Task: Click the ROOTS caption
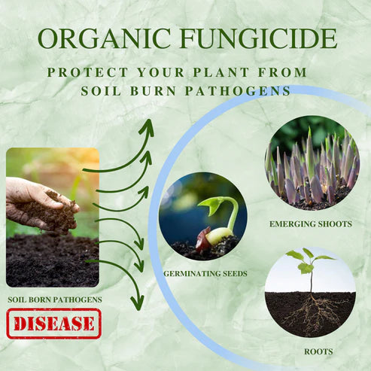310,351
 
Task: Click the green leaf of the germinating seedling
211,204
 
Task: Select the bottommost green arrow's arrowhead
136,303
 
